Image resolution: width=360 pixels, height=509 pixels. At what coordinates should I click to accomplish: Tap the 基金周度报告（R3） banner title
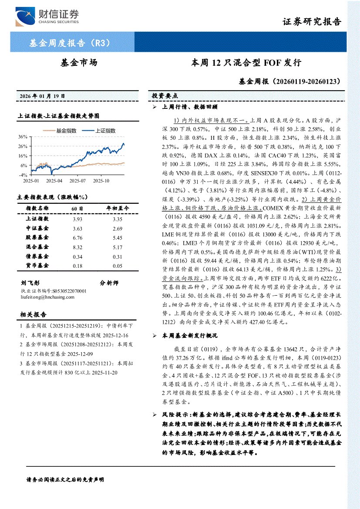tap(69, 43)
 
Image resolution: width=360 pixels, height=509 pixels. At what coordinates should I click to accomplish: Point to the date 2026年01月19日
tap(42, 95)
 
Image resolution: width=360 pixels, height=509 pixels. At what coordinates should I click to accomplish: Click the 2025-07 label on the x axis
tap(77, 180)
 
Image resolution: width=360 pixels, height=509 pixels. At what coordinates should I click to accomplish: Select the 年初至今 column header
tap(118, 209)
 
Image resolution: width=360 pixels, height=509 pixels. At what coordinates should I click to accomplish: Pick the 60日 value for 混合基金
tap(78, 247)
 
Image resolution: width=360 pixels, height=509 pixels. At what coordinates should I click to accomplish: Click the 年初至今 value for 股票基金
tap(118, 238)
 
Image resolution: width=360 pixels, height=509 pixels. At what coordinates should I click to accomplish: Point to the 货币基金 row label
tap(37, 266)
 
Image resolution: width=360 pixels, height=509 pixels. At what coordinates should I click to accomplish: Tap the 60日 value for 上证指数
tap(78, 219)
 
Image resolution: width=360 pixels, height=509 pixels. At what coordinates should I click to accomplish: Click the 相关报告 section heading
tap(34, 314)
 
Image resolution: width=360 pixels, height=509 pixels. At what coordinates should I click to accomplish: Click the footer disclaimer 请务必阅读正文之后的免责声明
tap(65, 479)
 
